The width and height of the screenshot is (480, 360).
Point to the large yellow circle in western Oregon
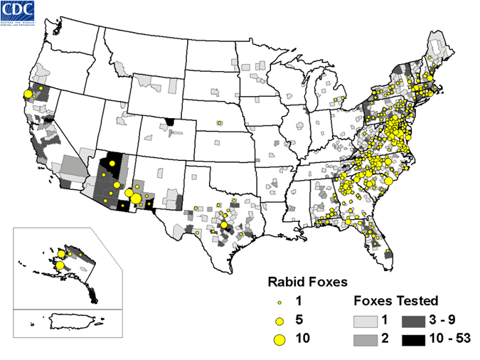click(28, 94)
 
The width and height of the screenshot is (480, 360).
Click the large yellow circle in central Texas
click(224, 226)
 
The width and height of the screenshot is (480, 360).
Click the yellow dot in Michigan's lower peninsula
click(343, 99)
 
